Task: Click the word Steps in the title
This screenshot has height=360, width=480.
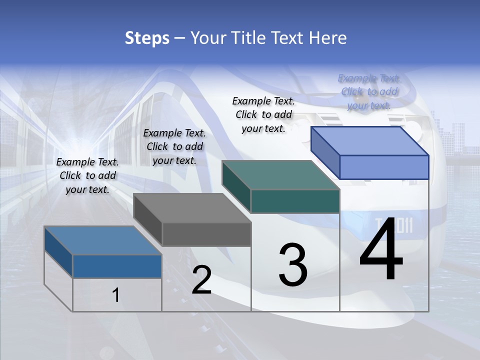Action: tap(147, 38)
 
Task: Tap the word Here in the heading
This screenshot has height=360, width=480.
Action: tap(328, 38)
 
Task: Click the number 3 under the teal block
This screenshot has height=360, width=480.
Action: tap(293, 264)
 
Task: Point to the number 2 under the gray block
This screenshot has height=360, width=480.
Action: tap(201, 280)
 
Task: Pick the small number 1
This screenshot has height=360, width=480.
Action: tap(115, 295)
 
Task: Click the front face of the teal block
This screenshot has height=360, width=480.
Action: tap(295, 201)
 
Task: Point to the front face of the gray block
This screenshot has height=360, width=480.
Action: tap(206, 234)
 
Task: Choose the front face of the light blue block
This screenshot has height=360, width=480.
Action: tap(384, 167)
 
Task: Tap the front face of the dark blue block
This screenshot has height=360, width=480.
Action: tap(117, 266)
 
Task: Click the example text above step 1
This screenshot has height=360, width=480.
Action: tap(87, 175)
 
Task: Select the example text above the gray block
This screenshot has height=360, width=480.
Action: tap(174, 146)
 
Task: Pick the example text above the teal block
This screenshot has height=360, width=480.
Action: tap(263, 114)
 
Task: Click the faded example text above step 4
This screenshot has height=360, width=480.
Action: tap(369, 91)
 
